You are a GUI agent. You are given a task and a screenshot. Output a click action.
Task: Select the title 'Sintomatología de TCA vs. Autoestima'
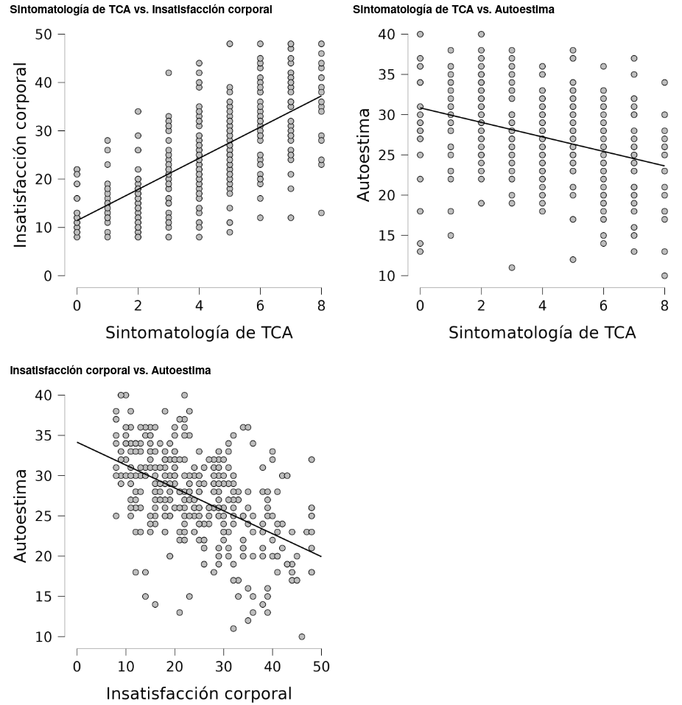point(454,10)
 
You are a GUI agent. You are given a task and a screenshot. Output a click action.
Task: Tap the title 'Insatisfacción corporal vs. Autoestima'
point(110,371)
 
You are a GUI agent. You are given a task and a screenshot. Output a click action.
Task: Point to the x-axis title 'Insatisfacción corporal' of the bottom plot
point(199,693)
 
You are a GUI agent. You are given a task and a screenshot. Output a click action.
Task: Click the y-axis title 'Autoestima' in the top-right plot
point(364,155)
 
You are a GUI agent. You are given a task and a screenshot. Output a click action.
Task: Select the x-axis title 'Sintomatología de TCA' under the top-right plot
point(542,332)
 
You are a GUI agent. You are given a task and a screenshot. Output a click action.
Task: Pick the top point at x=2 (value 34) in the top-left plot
point(138,111)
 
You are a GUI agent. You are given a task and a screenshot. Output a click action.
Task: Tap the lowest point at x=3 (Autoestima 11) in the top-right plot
point(512,267)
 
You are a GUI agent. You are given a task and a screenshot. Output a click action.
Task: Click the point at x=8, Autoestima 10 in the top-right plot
point(664,276)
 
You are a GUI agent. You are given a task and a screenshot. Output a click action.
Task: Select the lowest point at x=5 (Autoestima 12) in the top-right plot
point(573,259)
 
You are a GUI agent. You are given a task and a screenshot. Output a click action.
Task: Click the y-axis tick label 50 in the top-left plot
point(45,35)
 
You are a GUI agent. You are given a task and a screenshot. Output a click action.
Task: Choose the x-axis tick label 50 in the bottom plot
point(321,667)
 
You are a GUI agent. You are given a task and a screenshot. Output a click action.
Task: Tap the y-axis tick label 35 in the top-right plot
point(388,74)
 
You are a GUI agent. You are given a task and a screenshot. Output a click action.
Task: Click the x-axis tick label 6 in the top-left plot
point(260,306)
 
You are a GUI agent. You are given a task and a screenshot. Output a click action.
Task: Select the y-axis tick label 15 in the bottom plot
point(45,596)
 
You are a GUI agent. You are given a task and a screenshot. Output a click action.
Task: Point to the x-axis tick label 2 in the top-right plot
point(481,306)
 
